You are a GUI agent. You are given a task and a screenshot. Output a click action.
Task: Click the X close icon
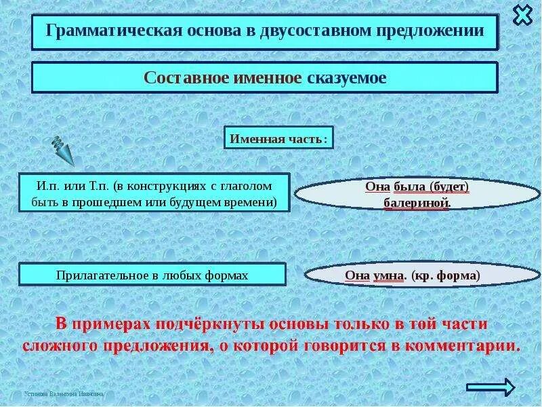(x=522, y=14)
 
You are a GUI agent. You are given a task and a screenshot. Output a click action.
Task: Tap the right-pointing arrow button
(x=491, y=387)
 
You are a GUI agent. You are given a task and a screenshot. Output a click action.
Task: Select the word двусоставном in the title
(x=315, y=31)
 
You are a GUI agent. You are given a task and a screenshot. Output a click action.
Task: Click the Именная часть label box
(x=278, y=138)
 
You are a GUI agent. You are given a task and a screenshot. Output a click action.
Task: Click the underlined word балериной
(x=411, y=202)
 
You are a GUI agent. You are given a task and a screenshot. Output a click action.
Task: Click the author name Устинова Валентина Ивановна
(x=64, y=393)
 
